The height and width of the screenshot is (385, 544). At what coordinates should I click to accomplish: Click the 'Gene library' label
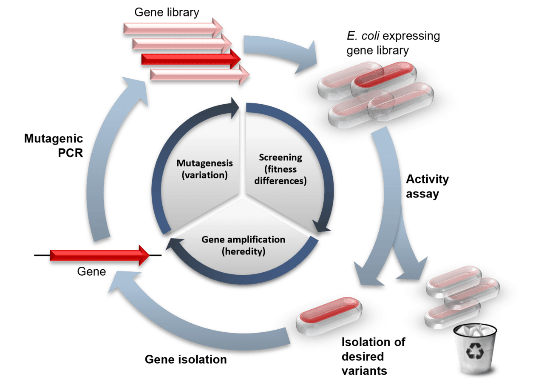click(167, 12)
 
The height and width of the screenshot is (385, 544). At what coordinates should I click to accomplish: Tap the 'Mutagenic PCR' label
click(54, 145)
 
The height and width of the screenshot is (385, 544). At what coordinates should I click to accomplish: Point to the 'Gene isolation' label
click(185, 359)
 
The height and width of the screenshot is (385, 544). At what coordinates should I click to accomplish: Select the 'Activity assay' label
click(427, 186)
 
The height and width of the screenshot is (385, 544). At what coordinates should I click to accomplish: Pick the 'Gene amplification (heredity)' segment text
click(243, 245)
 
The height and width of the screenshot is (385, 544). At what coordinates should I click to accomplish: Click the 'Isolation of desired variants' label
click(373, 356)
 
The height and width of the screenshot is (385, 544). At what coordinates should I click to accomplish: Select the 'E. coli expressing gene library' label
click(393, 43)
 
